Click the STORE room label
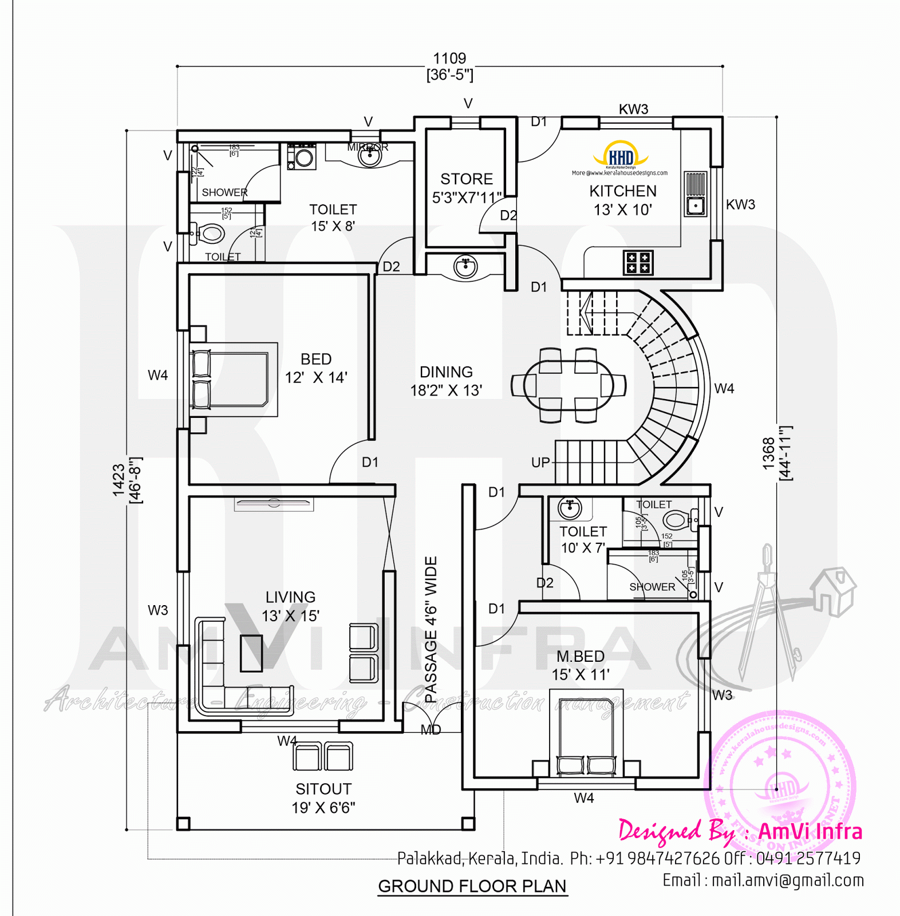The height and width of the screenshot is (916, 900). click(x=467, y=179)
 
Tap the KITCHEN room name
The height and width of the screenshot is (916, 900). click(x=623, y=191)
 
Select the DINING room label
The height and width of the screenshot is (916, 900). click(x=446, y=372)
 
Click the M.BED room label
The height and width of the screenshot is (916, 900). click(x=581, y=657)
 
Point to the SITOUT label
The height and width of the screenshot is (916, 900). click(x=323, y=789)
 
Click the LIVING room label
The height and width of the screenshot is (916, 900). click(x=290, y=597)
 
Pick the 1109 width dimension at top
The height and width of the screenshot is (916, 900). click(x=449, y=59)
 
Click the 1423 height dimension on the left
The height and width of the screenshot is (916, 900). click(x=119, y=480)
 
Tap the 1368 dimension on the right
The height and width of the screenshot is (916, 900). click(x=769, y=453)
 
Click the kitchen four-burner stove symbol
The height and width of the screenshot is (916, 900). click(x=638, y=263)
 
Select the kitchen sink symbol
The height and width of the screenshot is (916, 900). click(x=696, y=205)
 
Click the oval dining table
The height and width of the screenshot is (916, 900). click(x=568, y=385)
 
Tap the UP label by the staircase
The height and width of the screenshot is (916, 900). click(x=540, y=463)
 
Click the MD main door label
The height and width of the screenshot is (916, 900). click(x=431, y=730)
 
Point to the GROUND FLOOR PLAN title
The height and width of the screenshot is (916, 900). click(x=472, y=886)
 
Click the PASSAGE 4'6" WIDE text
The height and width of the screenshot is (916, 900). click(x=431, y=629)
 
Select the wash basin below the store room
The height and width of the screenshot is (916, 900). click(x=465, y=266)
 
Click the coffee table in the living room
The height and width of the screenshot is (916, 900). click(x=251, y=653)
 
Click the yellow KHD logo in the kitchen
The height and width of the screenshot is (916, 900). click(x=621, y=156)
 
